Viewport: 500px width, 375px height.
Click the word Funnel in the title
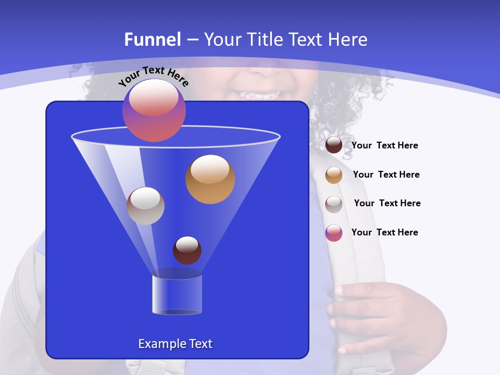(153, 40)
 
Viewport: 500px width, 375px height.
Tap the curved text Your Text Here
(154, 77)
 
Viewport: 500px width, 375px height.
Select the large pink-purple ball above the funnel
(154, 110)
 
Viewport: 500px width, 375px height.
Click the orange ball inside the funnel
(210, 179)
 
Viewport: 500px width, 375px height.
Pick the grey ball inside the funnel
(145, 206)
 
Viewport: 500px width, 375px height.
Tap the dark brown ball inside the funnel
(187, 250)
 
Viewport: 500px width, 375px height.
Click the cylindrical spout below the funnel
(177, 295)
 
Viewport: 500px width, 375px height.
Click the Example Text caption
(175, 344)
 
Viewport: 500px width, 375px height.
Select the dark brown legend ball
(334, 145)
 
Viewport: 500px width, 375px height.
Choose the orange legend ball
(334, 175)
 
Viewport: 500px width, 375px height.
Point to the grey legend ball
(334, 204)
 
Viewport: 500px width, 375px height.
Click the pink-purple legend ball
(334, 233)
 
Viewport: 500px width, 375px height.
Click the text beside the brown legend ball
(384, 146)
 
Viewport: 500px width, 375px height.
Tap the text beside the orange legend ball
(386, 175)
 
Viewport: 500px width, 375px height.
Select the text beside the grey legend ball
(387, 204)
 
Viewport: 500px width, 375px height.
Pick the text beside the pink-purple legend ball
(384, 232)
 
